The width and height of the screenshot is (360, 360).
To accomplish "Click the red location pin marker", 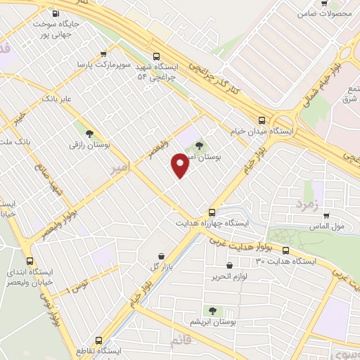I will point(180,165).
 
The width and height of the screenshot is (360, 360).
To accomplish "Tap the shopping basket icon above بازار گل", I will point(162,256).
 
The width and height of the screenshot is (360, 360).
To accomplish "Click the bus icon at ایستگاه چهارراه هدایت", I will point(212,212).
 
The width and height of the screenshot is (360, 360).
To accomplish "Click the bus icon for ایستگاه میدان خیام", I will point(262,120).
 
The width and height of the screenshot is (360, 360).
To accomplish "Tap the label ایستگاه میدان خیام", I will point(263,131).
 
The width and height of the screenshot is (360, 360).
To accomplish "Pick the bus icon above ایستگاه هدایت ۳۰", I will point(286,250).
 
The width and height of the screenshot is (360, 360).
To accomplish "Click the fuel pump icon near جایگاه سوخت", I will point(56,13).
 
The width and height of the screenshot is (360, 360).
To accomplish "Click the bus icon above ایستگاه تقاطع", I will point(98,340).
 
